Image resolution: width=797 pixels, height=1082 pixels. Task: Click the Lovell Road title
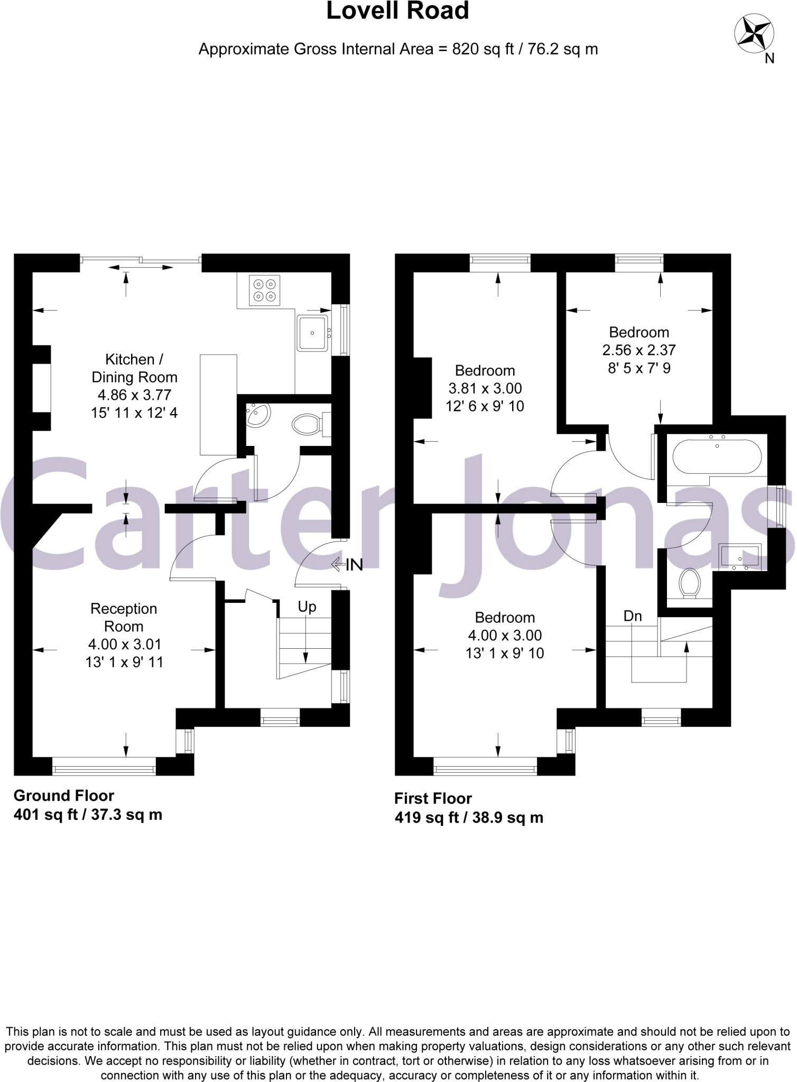coord(397,12)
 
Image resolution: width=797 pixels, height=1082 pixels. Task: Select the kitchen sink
coord(312,333)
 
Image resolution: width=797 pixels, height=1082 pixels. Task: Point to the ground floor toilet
coord(308,424)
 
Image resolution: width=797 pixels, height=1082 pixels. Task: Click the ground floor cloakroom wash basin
coord(258,413)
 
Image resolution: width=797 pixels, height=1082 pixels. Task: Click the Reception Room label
coord(124,617)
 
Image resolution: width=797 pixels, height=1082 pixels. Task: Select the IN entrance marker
coord(348,565)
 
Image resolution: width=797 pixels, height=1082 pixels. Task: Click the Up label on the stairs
coord(307,607)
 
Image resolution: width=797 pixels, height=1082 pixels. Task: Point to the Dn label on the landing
coord(632,616)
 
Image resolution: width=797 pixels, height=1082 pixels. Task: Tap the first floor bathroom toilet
coord(689,583)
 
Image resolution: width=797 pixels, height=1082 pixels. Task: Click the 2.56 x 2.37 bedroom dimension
coord(638,350)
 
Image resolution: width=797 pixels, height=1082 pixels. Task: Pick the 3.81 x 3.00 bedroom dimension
coord(485,388)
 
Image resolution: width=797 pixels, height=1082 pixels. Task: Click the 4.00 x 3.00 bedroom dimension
coord(505,635)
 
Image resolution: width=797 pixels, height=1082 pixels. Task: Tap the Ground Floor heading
coord(63,795)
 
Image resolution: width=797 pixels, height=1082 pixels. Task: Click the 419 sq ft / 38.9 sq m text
coord(469,817)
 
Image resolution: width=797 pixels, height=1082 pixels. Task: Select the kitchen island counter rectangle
coord(218,405)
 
